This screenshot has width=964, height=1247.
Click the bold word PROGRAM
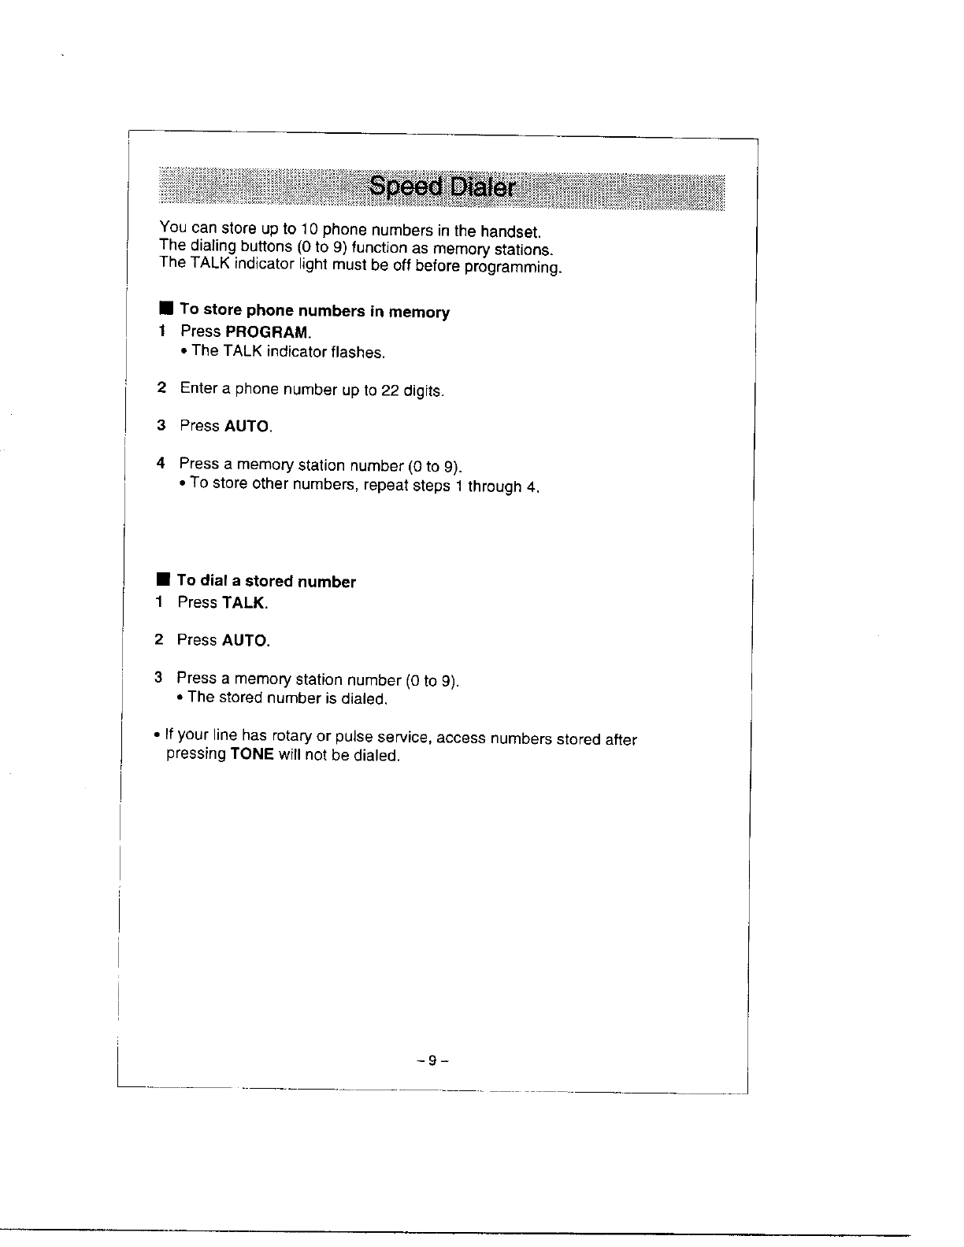(x=267, y=331)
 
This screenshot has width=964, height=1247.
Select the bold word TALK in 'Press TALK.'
(x=244, y=603)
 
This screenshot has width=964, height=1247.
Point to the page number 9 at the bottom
(x=432, y=1060)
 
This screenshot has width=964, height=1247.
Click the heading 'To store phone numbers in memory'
(x=314, y=310)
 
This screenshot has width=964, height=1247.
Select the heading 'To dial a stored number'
(x=266, y=582)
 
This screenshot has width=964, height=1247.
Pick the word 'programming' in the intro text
(x=513, y=268)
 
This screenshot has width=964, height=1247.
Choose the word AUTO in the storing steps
(x=247, y=427)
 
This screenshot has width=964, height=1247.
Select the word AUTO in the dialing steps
(x=245, y=641)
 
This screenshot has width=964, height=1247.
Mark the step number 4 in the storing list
(x=161, y=463)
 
